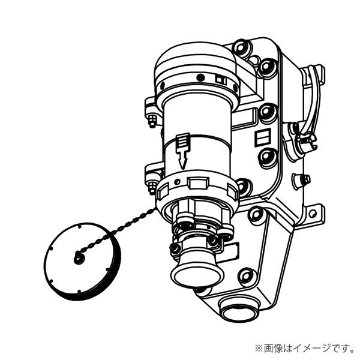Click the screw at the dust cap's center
78,259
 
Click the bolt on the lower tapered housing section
246,277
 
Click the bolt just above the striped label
266,113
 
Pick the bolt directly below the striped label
266,158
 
